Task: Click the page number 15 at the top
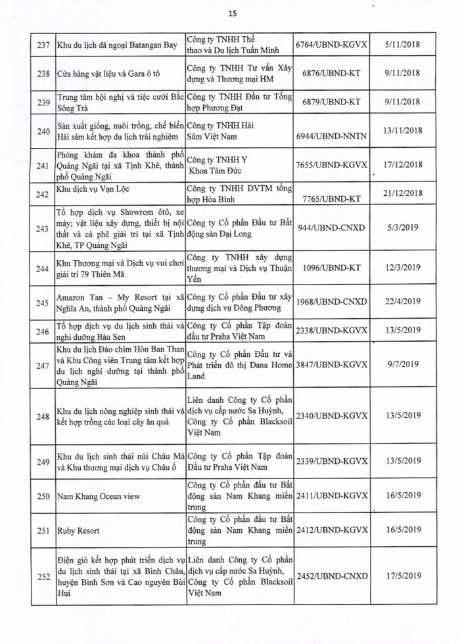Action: (x=232, y=13)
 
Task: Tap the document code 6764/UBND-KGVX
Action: (x=332, y=45)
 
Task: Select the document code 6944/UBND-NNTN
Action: (x=332, y=132)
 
